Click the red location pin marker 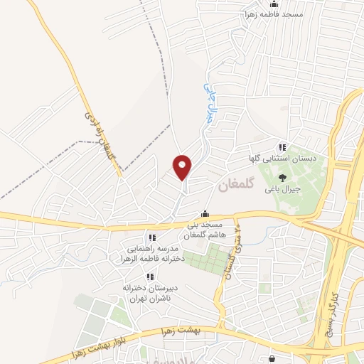pyautogui.click(x=183, y=167)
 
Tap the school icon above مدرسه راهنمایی pyautogui.click(x=151, y=237)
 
